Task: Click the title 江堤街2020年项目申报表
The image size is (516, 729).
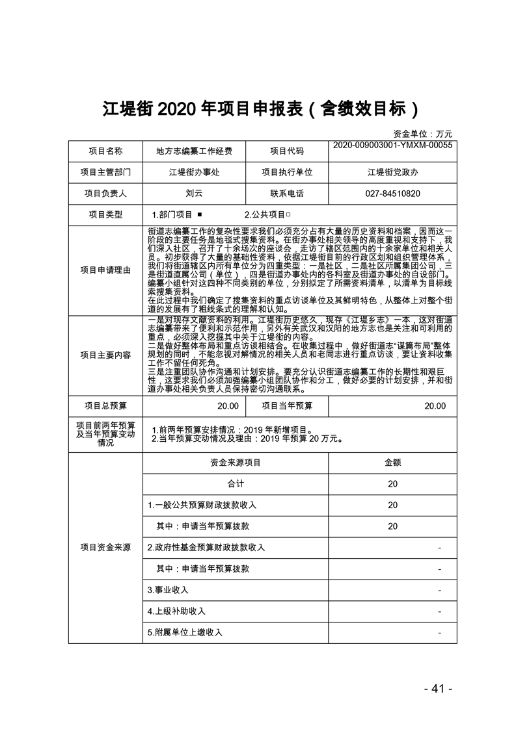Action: pos(258,109)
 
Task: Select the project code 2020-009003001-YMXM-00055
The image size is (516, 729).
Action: pos(392,146)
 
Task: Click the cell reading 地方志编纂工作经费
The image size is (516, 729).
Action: pos(194,151)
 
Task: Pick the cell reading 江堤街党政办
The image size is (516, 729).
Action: pos(392,172)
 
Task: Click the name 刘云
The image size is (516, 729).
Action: pos(194,194)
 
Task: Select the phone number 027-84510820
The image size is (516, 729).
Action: pos(392,194)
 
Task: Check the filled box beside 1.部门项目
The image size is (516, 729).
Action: pos(199,214)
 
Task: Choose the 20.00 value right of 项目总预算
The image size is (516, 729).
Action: pos(228,406)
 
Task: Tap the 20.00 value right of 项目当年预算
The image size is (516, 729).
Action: pos(435,406)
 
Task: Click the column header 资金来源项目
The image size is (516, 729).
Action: pos(235,463)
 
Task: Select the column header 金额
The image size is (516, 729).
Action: pos(392,463)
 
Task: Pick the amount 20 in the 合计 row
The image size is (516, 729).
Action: pos(392,484)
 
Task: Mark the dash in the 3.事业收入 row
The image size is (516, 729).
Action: pos(440,590)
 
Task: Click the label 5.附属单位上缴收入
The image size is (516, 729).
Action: pos(185,632)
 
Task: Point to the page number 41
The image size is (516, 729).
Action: pos(437,689)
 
